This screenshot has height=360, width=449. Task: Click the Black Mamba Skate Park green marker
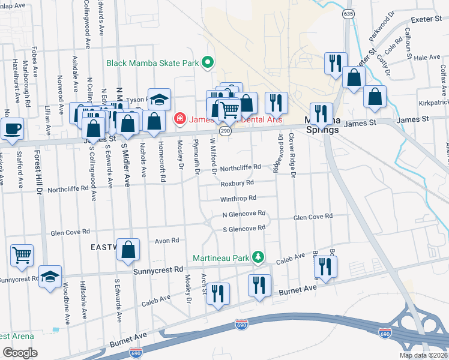coord(208,62)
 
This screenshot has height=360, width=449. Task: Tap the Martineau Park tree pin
coord(258,257)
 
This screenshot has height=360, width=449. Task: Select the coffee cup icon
coord(12,128)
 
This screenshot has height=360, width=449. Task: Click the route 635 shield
coord(348,13)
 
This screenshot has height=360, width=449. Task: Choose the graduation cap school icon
coord(160,99)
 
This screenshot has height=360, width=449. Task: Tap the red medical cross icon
coord(179,119)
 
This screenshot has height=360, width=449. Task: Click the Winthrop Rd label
coord(238,197)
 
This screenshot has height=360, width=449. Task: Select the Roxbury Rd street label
coord(237,183)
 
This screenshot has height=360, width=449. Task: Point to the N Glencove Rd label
coord(244,213)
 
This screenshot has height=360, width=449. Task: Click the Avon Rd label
coord(167,240)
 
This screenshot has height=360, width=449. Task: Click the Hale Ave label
coord(427,57)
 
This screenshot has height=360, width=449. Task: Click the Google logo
coord(20,352)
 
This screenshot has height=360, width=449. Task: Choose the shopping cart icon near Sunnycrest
coord(22,255)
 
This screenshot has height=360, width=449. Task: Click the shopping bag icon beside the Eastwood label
coord(128,250)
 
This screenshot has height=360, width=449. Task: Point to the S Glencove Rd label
coord(244,228)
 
